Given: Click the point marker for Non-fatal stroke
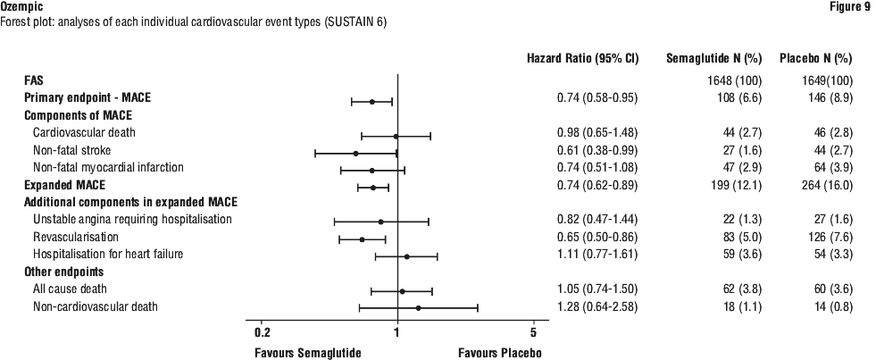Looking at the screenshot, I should (355, 153).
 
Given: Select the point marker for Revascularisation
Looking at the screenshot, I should (362, 239).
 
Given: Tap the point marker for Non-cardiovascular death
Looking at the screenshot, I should (418, 308).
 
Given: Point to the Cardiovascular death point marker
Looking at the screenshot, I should (396, 136).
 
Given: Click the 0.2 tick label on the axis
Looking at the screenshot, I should (262, 332).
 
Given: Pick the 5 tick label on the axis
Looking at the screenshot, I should (533, 332).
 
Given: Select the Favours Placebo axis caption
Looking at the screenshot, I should (500, 352).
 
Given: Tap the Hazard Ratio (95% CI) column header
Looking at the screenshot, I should (584, 59).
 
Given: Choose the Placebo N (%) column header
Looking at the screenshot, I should (815, 59).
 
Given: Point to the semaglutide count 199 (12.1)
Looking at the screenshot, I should (730, 185).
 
